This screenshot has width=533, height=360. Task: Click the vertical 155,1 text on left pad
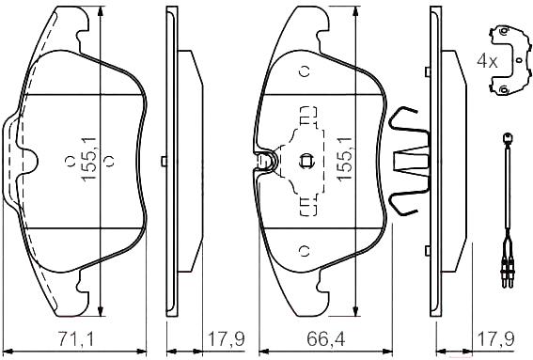pos(89,159)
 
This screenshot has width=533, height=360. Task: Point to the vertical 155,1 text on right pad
pos(344,159)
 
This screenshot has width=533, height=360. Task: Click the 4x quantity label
pos(487,61)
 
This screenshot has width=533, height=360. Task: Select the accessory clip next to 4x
pos(509,60)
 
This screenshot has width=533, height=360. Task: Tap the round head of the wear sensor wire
pos(508,138)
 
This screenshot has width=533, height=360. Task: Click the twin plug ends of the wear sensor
pos(508,274)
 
